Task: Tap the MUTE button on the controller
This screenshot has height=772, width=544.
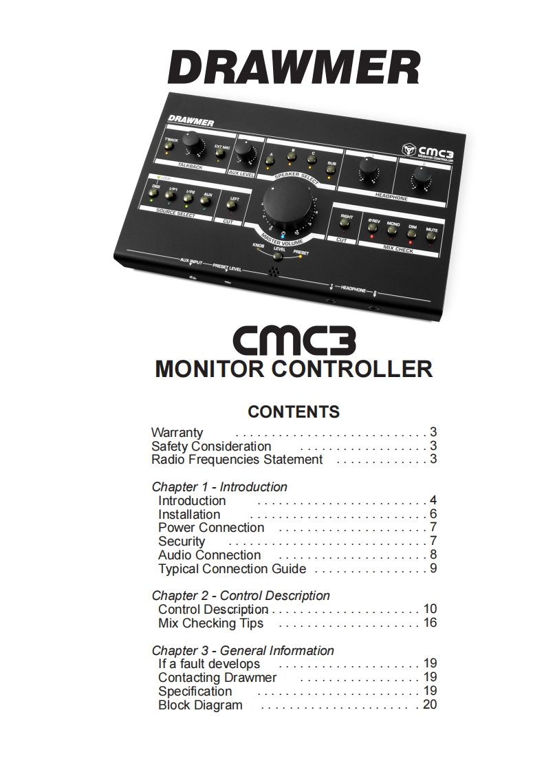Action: tap(431, 236)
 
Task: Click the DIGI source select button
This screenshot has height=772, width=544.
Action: tap(155, 195)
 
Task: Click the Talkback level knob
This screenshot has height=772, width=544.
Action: tap(193, 144)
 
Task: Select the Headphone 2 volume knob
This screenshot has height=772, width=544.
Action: tap(419, 180)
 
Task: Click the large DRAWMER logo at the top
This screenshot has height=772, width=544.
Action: tap(294, 69)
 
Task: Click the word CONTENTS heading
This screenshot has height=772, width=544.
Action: tap(294, 411)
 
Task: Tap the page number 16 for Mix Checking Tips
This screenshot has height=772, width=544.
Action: tap(430, 623)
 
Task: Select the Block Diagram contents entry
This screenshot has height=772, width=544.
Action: tap(200, 705)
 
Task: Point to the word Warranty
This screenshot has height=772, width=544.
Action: tap(177, 433)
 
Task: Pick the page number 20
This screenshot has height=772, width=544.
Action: tap(430, 705)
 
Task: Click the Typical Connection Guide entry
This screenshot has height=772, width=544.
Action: tap(232, 568)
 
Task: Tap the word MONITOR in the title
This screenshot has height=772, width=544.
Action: tap(210, 368)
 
